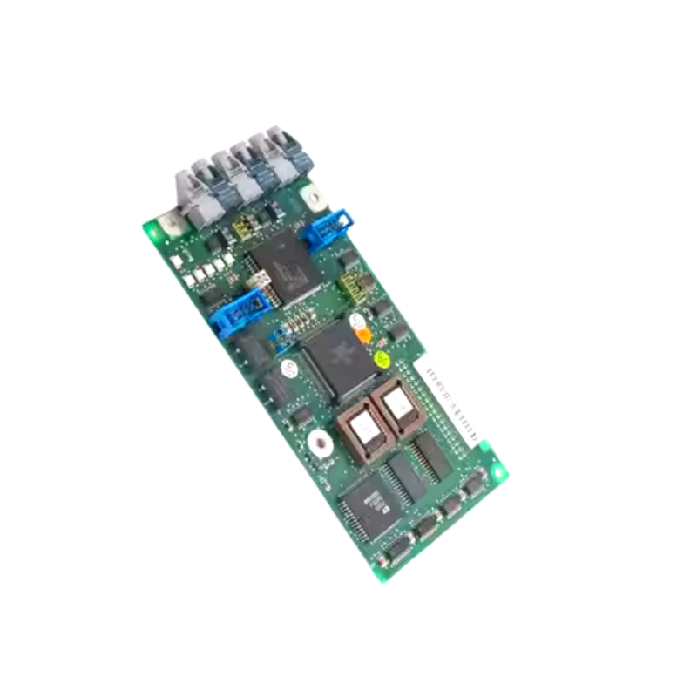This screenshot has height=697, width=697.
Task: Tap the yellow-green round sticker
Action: coord(381,357)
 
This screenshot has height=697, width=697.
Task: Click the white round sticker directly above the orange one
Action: coord(356,321)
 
